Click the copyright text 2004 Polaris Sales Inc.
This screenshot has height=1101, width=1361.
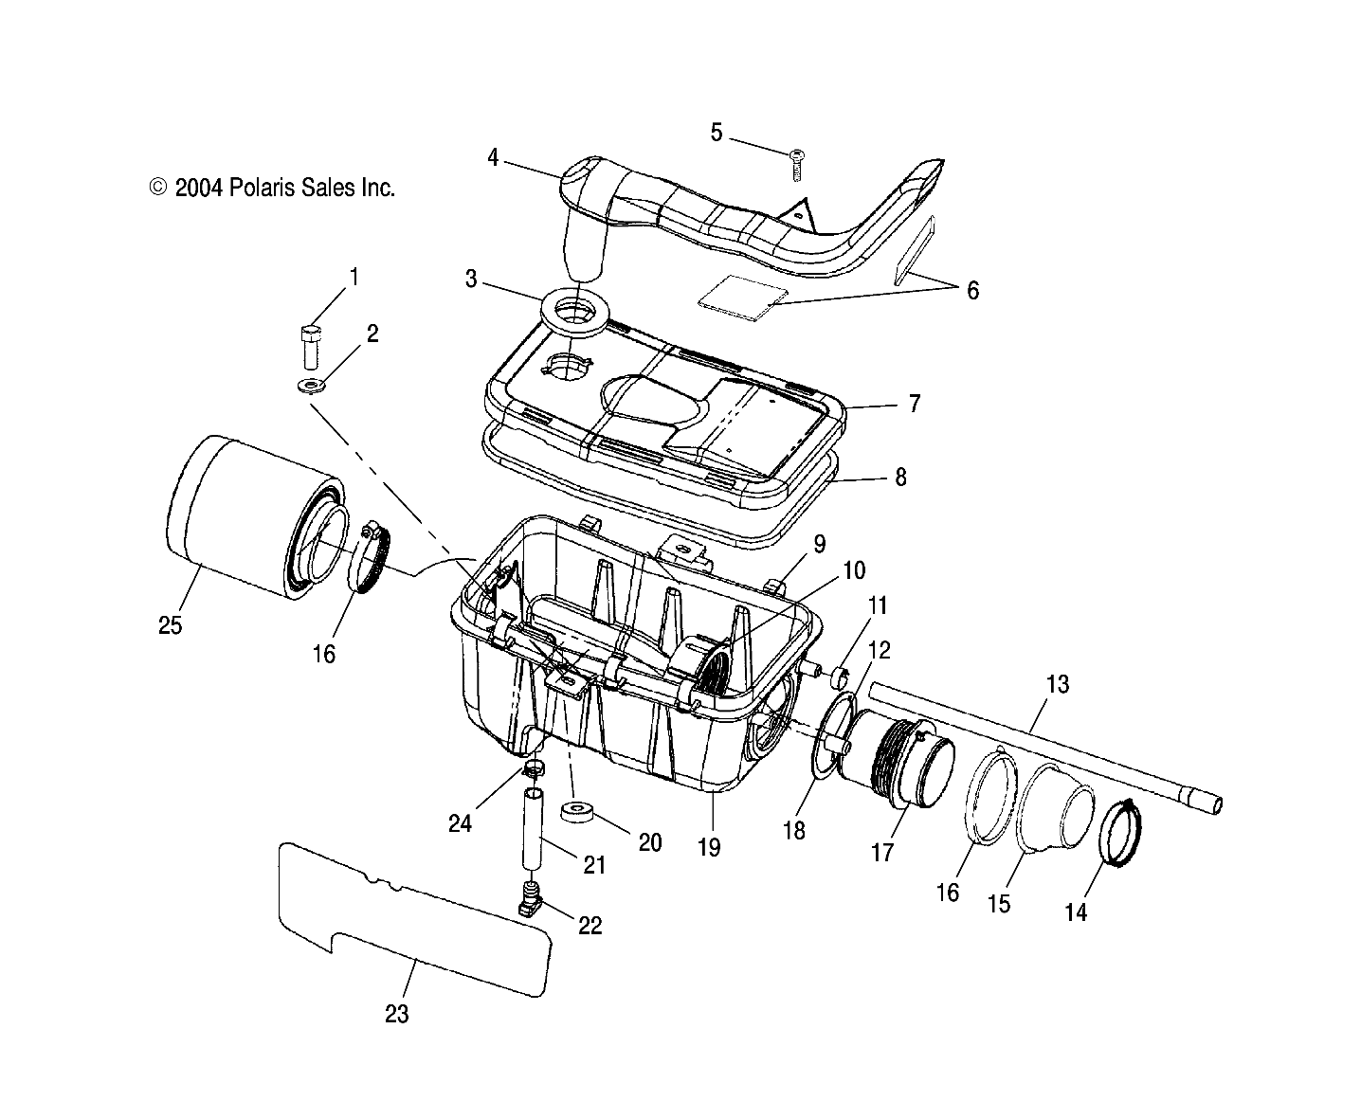[272, 188]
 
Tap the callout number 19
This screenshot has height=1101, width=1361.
[709, 846]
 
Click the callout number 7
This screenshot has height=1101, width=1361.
[914, 404]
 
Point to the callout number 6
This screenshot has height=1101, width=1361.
[972, 290]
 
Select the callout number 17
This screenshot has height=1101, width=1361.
[881, 852]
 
